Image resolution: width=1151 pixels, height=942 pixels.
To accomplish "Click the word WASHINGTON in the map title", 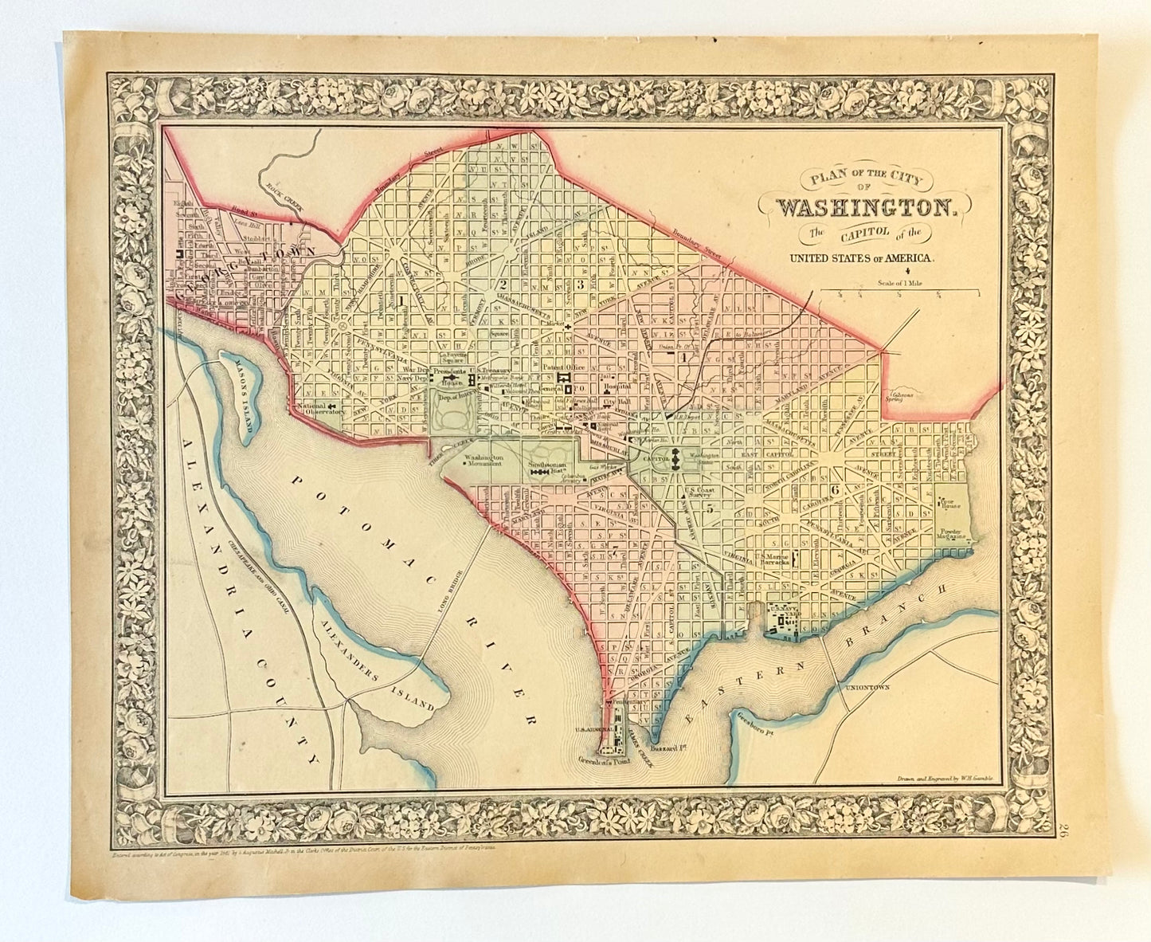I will [867, 208].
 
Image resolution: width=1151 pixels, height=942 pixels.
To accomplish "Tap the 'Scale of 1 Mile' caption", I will [900, 281].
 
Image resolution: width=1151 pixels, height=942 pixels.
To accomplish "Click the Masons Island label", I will [240, 398].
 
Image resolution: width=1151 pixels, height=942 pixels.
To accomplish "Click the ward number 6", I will [835, 489].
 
